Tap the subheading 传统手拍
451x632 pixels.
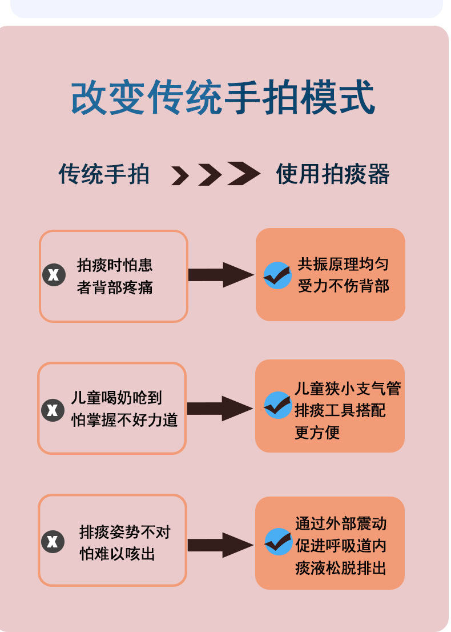coord(104,174)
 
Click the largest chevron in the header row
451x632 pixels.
coord(244,174)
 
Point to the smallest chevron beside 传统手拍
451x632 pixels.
coord(180,176)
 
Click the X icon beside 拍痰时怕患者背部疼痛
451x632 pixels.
coord(54,275)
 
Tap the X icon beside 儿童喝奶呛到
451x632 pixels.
coord(53,409)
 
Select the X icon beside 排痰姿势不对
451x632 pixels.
coord(53,541)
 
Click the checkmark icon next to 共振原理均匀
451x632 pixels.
coord(277,275)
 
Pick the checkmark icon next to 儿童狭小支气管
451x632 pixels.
coord(277,406)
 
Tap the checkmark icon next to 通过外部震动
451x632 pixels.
coord(278,541)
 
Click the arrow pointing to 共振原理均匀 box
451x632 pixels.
coord(221,275)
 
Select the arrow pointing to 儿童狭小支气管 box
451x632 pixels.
coord(220,408)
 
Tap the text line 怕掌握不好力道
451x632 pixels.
coord(124,421)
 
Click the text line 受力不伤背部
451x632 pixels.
coord(343,286)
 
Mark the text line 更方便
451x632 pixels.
coord(317,433)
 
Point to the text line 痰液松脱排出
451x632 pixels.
coord(341,568)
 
